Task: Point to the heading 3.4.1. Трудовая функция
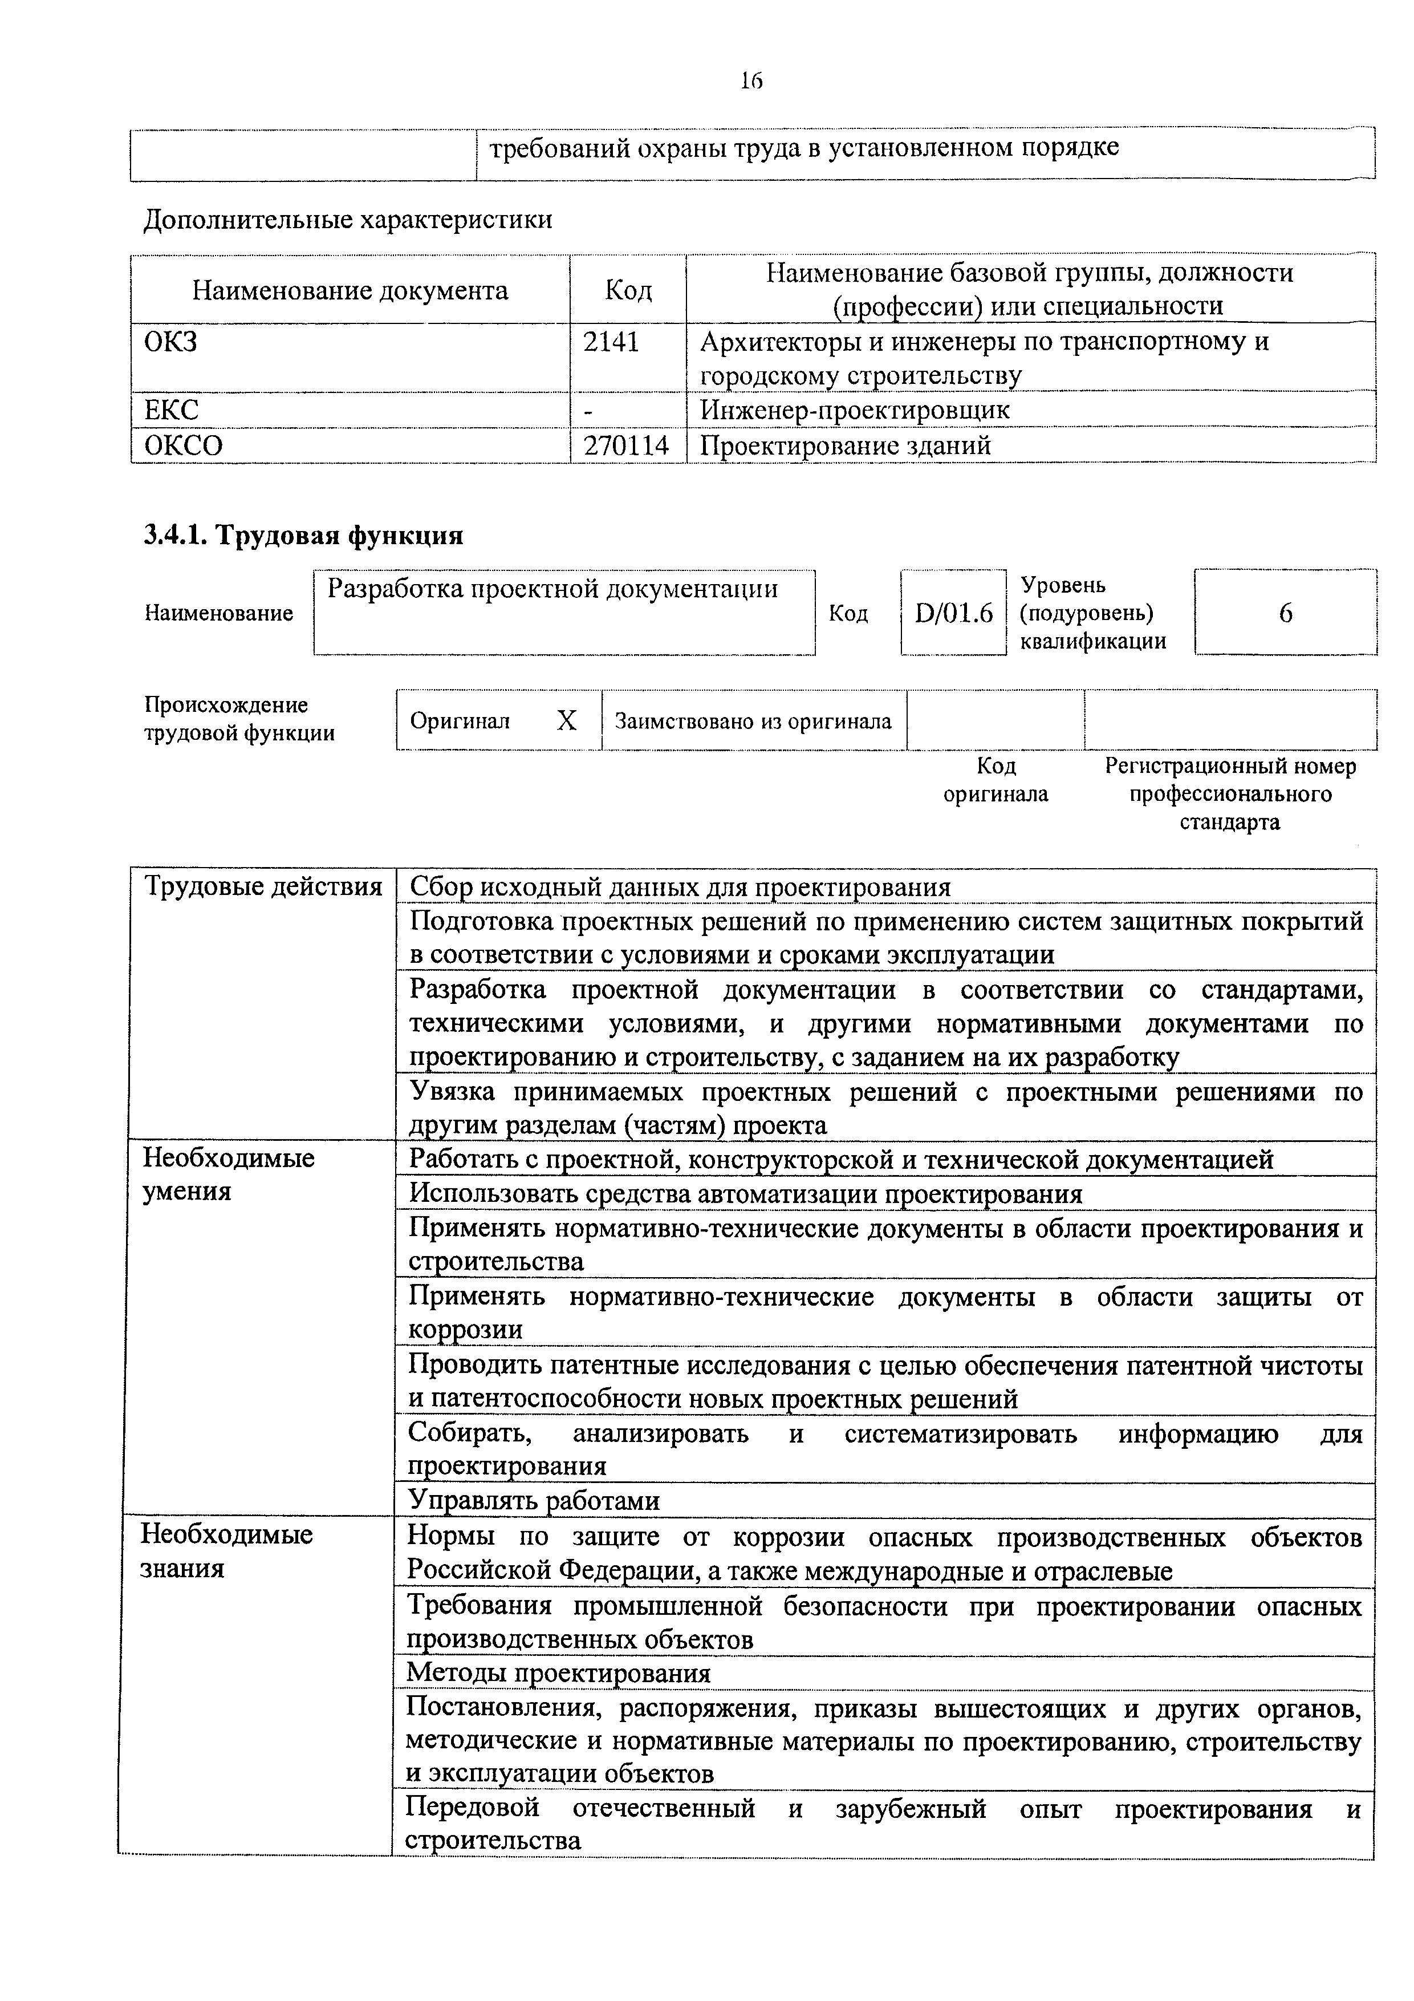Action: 303,534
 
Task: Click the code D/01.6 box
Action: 953,614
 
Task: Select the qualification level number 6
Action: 1285,614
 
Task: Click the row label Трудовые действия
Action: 262,886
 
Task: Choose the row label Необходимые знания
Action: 226,1550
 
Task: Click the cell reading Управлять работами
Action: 534,1500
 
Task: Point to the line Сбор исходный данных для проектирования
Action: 680,887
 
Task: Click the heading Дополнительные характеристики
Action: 348,218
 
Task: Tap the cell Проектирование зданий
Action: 845,445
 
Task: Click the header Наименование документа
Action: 350,290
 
